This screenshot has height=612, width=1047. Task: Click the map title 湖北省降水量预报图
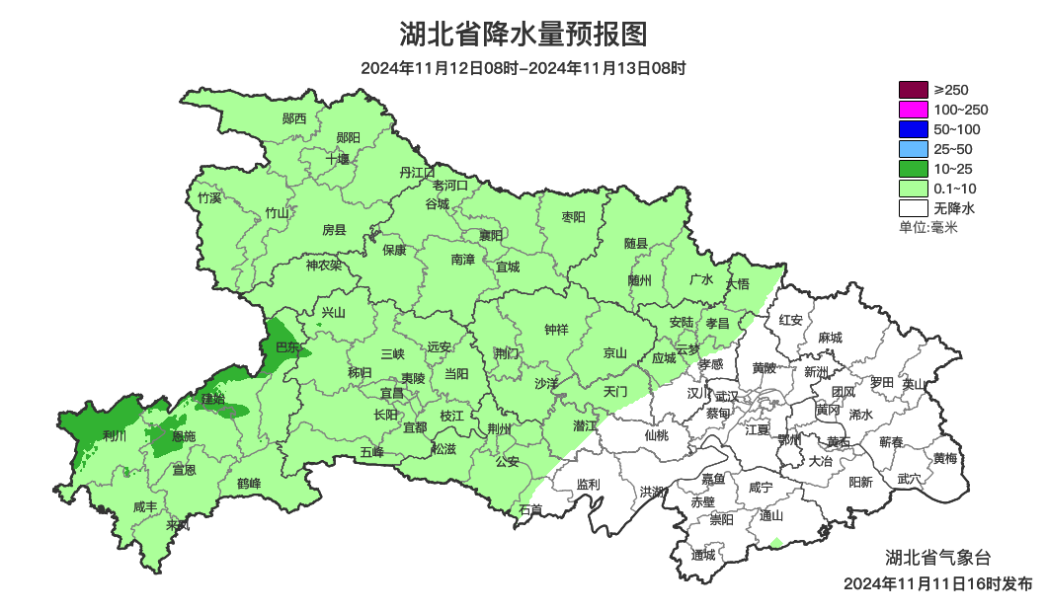pyautogui.click(x=523, y=35)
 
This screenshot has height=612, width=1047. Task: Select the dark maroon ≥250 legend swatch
pyautogui.click(x=913, y=90)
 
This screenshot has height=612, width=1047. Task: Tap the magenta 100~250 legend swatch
pyautogui.click(x=913, y=110)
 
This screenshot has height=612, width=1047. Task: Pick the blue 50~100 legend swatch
pyautogui.click(x=913, y=129)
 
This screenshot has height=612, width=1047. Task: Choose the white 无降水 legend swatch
pyautogui.click(x=913, y=208)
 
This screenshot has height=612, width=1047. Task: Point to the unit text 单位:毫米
pyautogui.click(x=928, y=228)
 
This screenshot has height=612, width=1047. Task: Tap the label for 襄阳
pyautogui.click(x=491, y=235)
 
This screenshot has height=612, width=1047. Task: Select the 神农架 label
pyautogui.click(x=323, y=265)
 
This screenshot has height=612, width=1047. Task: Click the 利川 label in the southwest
pyautogui.click(x=115, y=435)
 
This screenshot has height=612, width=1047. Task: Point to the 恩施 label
pyautogui.click(x=183, y=436)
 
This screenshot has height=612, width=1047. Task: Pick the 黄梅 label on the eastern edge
pyautogui.click(x=944, y=458)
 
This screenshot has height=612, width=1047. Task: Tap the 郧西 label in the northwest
pyautogui.click(x=294, y=118)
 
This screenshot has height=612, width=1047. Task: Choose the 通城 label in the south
pyautogui.click(x=703, y=554)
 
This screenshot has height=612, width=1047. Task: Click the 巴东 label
pyautogui.click(x=287, y=346)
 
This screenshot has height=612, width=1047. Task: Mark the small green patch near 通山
pyautogui.click(x=775, y=542)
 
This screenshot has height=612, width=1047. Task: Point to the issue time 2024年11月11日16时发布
pyautogui.click(x=937, y=583)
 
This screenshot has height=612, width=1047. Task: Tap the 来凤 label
pyautogui.click(x=178, y=524)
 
